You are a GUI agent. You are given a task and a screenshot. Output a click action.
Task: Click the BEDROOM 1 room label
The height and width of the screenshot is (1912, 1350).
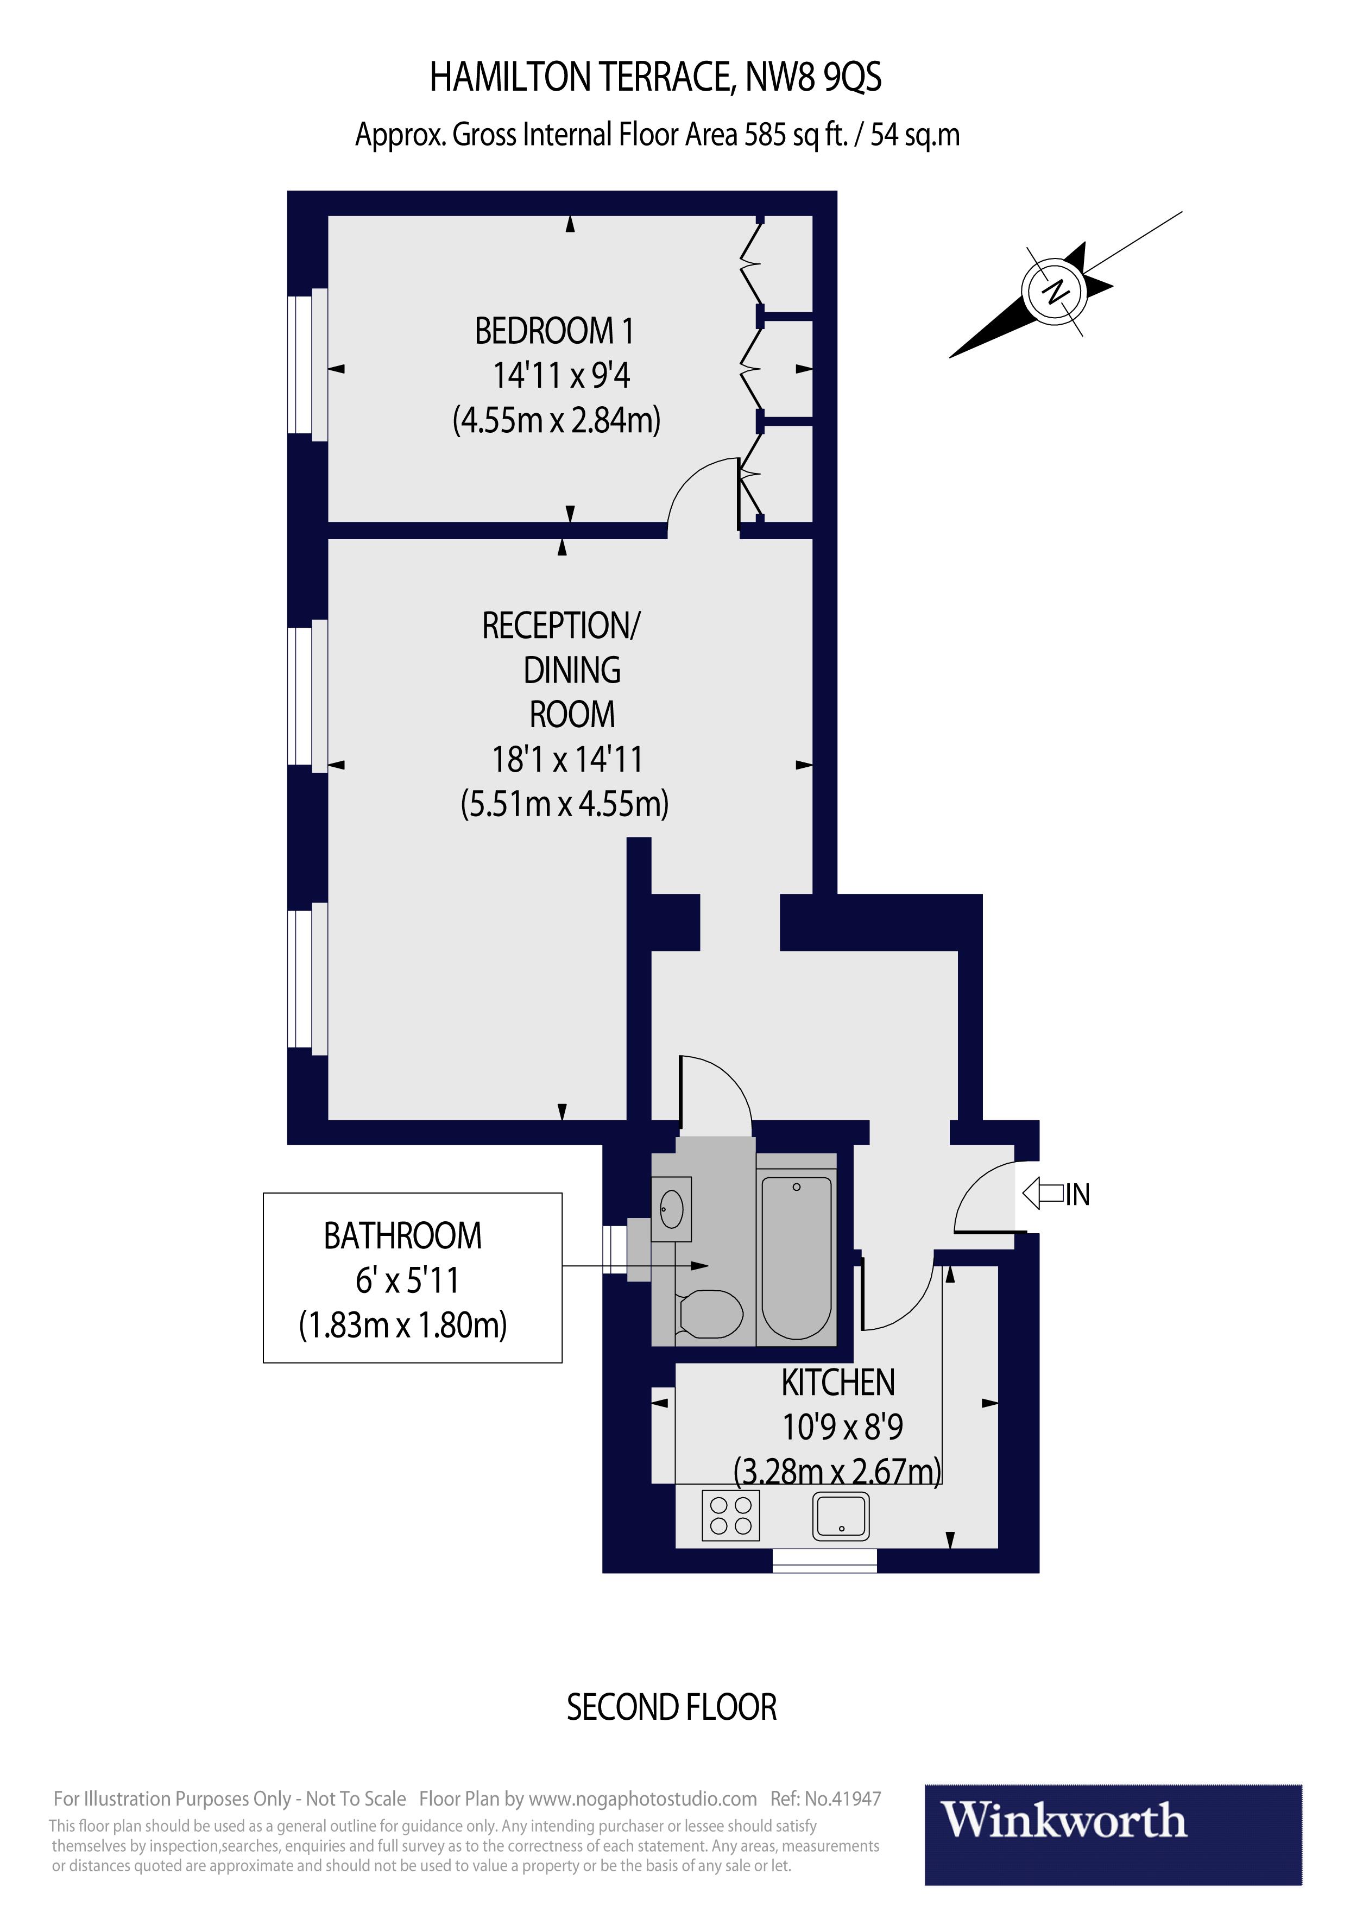[x=554, y=331]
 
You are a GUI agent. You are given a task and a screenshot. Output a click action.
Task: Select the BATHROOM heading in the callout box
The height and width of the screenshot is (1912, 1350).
[x=402, y=1236]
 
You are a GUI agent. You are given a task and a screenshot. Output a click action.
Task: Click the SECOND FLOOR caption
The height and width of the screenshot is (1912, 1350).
[x=671, y=1707]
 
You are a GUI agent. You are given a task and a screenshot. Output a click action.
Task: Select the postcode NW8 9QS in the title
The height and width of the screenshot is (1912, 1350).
[x=813, y=78]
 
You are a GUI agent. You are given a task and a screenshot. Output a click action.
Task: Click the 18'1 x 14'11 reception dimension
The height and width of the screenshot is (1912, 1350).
[x=567, y=760]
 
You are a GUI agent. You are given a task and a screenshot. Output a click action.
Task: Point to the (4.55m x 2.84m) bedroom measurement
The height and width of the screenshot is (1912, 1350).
[x=556, y=420]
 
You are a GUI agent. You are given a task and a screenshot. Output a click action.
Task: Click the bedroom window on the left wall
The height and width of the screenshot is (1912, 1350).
[x=300, y=362]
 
